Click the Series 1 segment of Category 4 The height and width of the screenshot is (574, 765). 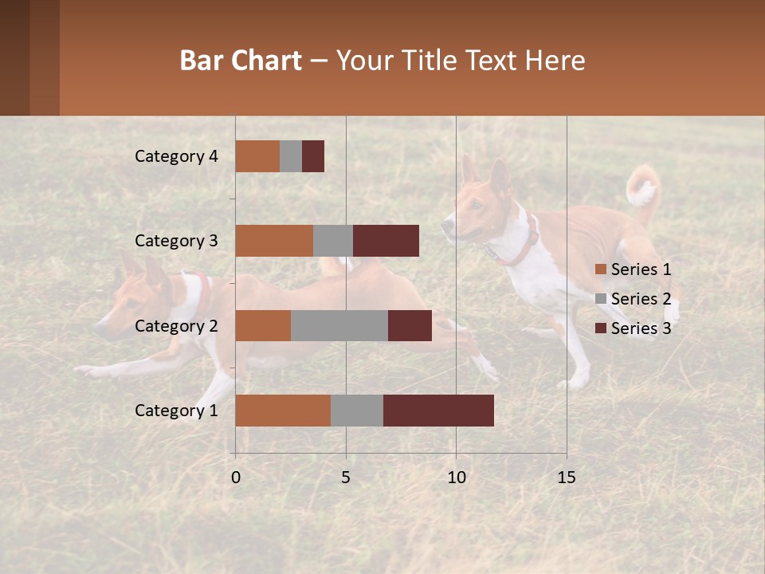pos(257,156)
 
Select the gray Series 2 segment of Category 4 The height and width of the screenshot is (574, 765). pos(291,156)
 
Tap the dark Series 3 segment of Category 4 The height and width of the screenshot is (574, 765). pos(313,156)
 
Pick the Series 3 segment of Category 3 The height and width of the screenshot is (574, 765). pos(386,241)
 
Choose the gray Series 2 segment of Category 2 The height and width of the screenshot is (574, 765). pos(339,325)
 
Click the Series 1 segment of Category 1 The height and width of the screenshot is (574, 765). pos(283,411)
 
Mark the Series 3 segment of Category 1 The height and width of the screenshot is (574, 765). pos(438,411)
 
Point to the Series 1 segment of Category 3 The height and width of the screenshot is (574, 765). pos(274,241)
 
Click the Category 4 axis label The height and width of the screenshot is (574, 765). pos(176,156)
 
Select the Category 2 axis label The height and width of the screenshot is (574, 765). pos(176,326)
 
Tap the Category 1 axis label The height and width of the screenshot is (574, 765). pos(176,411)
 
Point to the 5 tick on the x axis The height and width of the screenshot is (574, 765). pos(346,478)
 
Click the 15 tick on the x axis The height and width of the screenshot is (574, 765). pos(566,478)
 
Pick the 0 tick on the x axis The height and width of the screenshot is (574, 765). pos(235,478)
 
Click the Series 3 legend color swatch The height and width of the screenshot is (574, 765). pos(600,328)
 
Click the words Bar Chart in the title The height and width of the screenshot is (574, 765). pos(241,61)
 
